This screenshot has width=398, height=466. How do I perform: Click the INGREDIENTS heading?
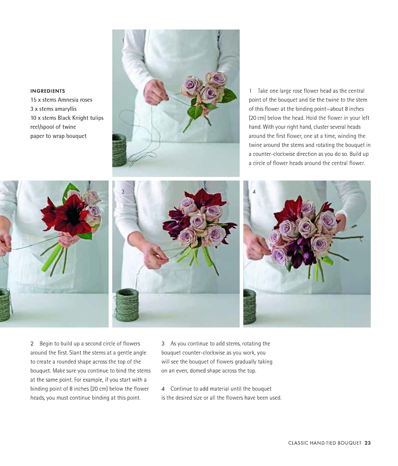(48, 91)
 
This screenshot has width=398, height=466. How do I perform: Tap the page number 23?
(368, 443)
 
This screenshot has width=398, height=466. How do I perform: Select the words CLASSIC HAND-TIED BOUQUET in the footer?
(325, 443)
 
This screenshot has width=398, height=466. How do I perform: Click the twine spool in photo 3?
(127, 308)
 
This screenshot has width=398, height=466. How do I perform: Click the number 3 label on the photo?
(123, 192)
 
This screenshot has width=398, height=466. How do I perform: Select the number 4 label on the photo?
(254, 192)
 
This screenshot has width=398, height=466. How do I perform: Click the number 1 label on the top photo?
(123, 41)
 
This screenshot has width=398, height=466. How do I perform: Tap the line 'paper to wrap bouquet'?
(58, 136)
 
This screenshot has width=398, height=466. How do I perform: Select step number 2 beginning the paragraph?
(32, 344)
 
